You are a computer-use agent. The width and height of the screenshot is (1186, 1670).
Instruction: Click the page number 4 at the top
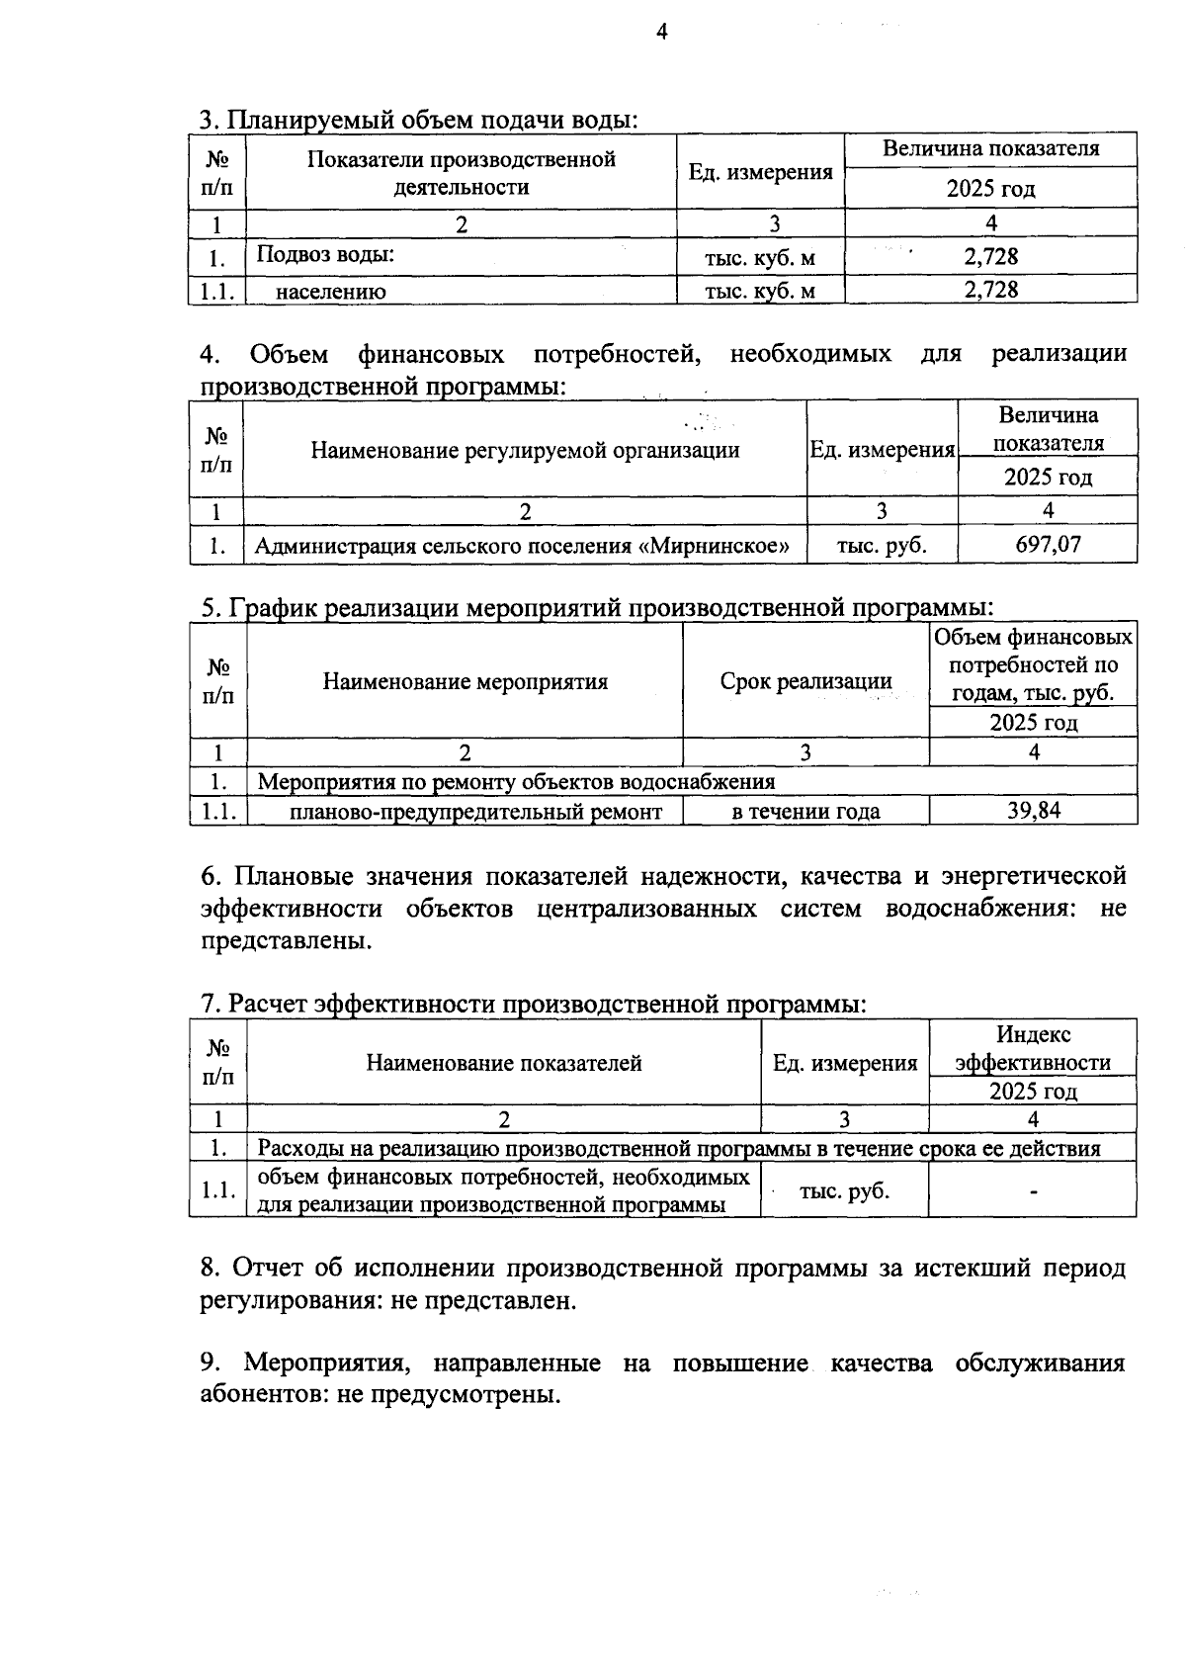[x=662, y=33]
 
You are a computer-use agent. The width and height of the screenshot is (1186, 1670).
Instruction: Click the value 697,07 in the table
[x=1048, y=544]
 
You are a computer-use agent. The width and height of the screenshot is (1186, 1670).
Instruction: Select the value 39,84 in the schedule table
[x=1033, y=811]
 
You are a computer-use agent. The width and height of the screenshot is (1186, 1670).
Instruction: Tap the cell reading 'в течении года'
[x=805, y=812]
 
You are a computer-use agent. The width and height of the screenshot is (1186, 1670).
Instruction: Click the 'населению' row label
[x=331, y=291]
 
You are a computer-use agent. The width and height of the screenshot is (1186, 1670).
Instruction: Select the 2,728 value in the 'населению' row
[x=990, y=290]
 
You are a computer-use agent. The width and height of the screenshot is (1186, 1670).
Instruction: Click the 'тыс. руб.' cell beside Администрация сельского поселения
[x=882, y=545]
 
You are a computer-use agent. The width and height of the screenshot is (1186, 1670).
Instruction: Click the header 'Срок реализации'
[x=805, y=680]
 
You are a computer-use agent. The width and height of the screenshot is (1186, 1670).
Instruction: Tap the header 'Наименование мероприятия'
[x=465, y=681]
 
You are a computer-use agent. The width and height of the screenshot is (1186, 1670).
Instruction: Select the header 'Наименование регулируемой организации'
[x=525, y=451]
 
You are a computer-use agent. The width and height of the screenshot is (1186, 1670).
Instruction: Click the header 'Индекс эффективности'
[x=1033, y=1048]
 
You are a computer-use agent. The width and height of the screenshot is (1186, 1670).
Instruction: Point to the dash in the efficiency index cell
[x=1033, y=1191]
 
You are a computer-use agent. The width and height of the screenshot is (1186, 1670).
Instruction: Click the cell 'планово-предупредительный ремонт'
[x=475, y=812]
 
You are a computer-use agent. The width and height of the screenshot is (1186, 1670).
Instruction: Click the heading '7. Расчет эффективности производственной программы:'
[x=534, y=1004]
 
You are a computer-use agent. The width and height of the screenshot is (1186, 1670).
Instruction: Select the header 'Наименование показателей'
[x=504, y=1063]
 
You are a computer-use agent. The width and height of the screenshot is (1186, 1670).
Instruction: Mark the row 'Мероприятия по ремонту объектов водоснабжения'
[x=516, y=782]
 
